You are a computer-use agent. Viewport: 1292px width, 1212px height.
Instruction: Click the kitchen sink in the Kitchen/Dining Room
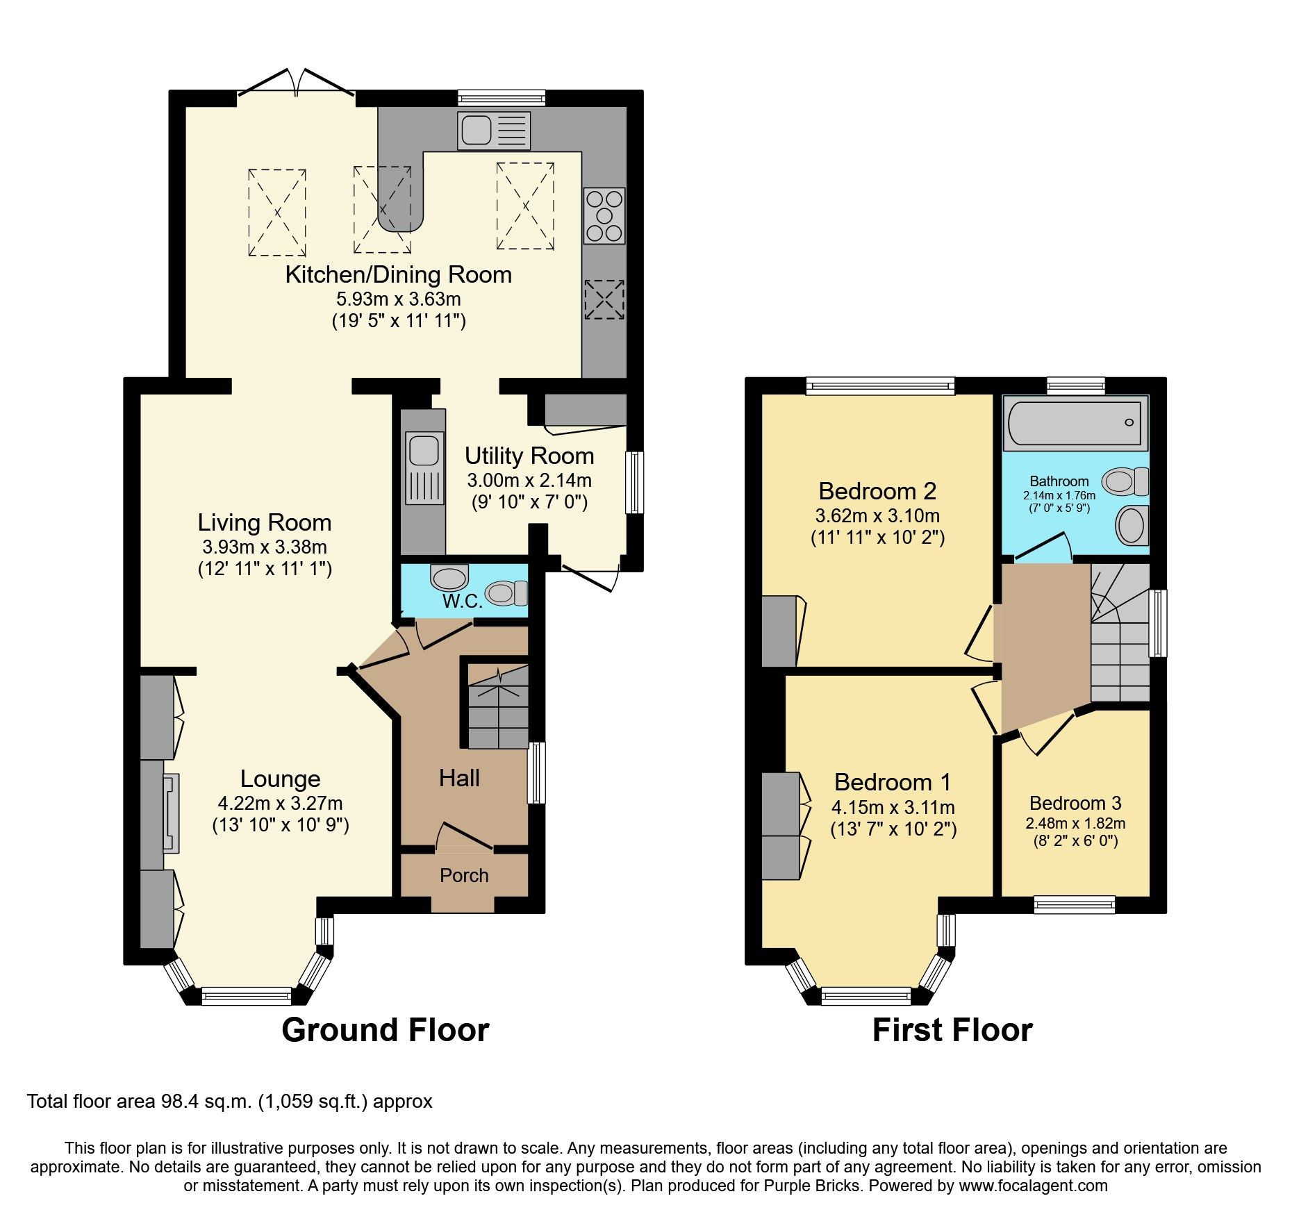point(493,131)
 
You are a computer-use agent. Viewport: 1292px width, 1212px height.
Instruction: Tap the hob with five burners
point(604,215)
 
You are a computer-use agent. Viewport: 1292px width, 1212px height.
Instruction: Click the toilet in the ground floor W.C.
point(506,592)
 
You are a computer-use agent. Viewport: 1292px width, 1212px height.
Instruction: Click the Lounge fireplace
point(170,813)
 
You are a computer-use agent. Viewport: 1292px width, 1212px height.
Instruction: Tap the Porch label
point(464,875)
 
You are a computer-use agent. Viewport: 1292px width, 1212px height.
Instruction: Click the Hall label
point(459,778)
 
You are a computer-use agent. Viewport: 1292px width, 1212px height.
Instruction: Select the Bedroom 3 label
point(1075,803)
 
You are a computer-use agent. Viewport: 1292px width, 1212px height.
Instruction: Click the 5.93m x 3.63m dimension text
point(399,299)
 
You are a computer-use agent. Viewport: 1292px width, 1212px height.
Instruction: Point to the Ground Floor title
point(385,1029)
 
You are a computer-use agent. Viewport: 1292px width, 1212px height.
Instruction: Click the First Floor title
point(952,1029)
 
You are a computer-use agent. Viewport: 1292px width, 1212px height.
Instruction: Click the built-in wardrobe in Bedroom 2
point(779,631)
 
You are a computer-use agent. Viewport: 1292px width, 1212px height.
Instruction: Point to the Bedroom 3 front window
point(1074,904)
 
